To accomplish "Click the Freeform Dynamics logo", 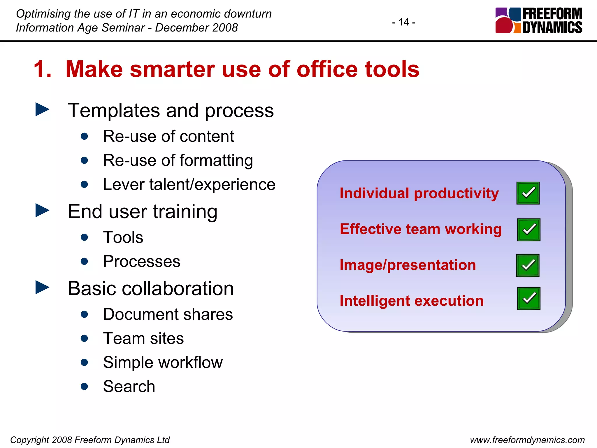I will [539, 20].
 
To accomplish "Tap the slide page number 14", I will [404, 22].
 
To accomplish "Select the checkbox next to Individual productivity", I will [528, 193].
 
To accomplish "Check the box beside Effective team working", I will [528, 230].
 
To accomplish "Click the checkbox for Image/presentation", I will [528, 265].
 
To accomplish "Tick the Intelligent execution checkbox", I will [528, 298].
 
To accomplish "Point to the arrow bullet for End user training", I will [42, 210].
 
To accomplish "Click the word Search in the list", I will [129, 386].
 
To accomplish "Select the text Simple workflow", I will [163, 363].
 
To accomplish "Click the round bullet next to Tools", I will [85, 237].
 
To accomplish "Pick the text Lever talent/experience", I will [189, 184].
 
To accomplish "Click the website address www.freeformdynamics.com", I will [527, 440].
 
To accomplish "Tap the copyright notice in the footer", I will [90, 440].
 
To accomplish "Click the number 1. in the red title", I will [43, 69].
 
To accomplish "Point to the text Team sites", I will [143, 338].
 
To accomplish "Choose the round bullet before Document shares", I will [85, 314].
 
